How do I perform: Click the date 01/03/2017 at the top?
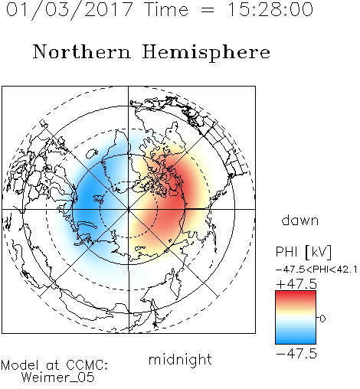[69, 9]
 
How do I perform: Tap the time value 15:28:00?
[270, 9]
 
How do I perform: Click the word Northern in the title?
[82, 51]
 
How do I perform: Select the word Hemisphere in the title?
[206, 52]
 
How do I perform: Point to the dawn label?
[300, 220]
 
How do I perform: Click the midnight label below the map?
[180, 359]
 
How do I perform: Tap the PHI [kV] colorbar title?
[303, 252]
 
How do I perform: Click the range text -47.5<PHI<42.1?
[316, 270]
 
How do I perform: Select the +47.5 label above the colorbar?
[296, 284]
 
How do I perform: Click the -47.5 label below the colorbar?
[296, 354]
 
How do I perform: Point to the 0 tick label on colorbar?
[322, 319]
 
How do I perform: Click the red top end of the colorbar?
[296, 293]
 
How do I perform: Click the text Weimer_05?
[58, 378]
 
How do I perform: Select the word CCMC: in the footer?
[87, 365]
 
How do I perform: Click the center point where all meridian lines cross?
[129, 209]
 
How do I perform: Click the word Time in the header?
[166, 9]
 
